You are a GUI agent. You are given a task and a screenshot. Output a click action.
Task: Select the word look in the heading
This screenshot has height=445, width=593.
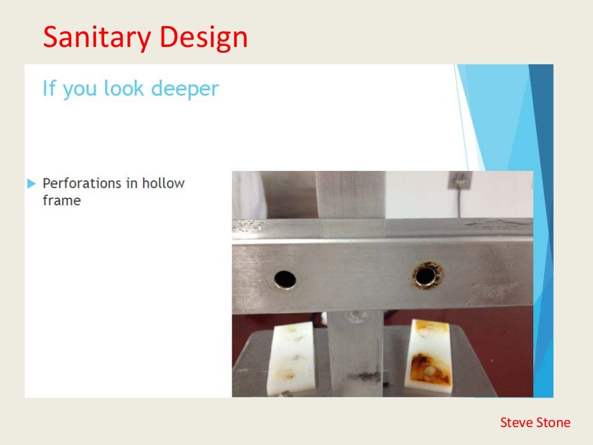[x=125, y=89]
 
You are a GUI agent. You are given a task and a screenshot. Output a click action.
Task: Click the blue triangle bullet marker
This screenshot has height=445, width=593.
[x=31, y=184]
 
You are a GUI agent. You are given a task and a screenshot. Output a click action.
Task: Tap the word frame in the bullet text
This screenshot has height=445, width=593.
[x=61, y=201]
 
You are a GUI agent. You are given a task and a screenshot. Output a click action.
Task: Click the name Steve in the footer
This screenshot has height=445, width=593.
[x=514, y=422]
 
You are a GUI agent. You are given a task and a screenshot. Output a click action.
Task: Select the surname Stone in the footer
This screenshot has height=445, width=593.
[x=551, y=422]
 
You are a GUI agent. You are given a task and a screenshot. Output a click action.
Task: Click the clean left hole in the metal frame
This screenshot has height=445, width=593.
[x=285, y=279]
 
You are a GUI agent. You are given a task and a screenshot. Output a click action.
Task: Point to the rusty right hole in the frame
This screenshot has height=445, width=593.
[x=427, y=275]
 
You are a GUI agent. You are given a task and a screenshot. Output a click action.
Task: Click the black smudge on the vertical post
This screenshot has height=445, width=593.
[x=363, y=377]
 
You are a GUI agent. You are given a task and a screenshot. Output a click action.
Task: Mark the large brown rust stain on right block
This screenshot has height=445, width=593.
[x=429, y=368]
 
